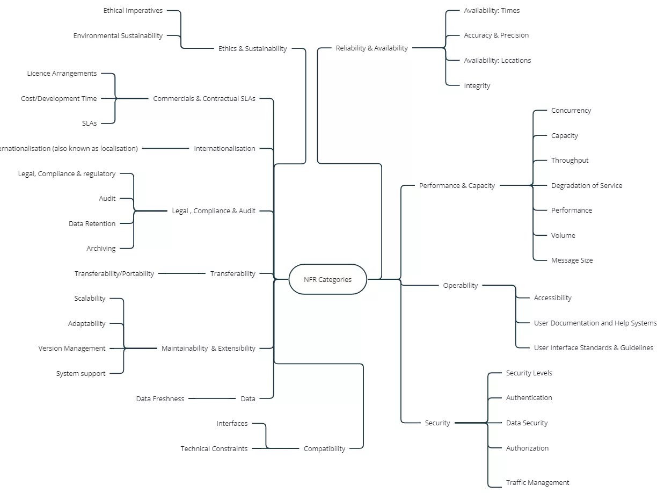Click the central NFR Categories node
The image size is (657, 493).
327,279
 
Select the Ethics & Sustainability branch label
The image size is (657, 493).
252,48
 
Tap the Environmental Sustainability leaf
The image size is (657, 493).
118,36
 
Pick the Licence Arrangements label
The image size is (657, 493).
62,74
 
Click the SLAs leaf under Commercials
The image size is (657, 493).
90,124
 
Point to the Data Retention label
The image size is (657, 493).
92,224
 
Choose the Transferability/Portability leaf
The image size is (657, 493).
114,274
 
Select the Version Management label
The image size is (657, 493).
72,349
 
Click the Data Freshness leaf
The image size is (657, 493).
160,399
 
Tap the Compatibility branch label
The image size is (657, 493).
324,449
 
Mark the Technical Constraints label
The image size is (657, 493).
214,449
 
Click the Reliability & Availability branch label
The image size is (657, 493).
371,48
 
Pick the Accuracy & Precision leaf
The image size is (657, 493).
496,35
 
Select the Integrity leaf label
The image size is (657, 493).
477,86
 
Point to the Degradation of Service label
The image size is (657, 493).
586,186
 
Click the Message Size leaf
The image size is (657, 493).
572,260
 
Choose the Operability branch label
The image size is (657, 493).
460,286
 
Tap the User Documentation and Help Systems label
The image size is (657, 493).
595,323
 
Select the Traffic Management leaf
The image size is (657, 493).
537,483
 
